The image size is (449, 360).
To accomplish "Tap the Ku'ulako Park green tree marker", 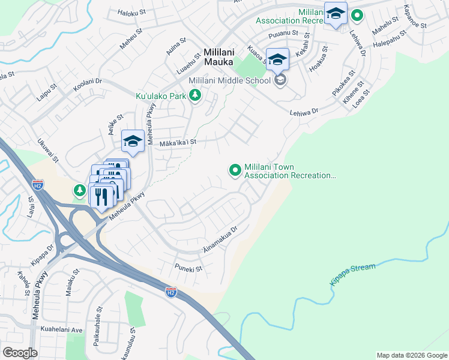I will tap(194, 95).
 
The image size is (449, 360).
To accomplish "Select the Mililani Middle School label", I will tap(231, 80).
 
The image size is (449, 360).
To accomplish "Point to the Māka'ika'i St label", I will tap(178, 143).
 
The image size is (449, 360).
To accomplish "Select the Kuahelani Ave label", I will tap(61, 329).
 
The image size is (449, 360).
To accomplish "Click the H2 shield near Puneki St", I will tap(171, 292).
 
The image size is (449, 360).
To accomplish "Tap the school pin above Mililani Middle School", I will tap(277, 59).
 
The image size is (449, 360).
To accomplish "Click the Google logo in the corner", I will tap(20, 352).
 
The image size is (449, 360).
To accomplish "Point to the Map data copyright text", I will tap(411, 355).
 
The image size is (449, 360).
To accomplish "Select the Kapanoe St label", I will tap(415, 18).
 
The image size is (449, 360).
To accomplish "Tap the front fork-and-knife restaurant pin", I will tap(101, 196).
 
